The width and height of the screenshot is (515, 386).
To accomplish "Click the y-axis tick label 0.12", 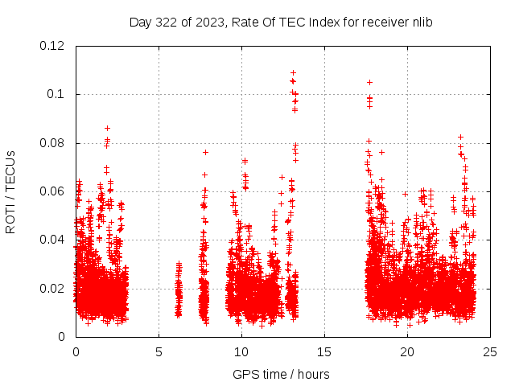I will [x=53, y=46].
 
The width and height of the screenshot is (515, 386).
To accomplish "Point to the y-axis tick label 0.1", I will [x=56, y=94].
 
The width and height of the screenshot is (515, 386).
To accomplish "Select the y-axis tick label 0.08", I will [x=53, y=143].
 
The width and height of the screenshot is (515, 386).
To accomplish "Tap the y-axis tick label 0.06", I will [x=53, y=191].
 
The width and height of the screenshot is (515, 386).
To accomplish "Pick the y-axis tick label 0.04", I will [x=53, y=240].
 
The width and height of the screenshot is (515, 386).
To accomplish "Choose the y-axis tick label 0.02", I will [x=53, y=288].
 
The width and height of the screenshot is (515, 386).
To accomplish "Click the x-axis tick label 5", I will [x=159, y=351].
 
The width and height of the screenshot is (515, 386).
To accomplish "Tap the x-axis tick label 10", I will [x=241, y=351].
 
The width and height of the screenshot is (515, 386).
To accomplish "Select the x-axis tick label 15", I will [x=324, y=351].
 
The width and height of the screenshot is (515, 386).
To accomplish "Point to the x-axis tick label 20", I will [x=407, y=351].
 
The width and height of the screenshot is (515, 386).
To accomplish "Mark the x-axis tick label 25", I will [x=490, y=351].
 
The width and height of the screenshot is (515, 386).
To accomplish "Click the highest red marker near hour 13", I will [x=293, y=72].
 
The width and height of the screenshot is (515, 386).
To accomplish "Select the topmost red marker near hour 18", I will [x=369, y=82].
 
